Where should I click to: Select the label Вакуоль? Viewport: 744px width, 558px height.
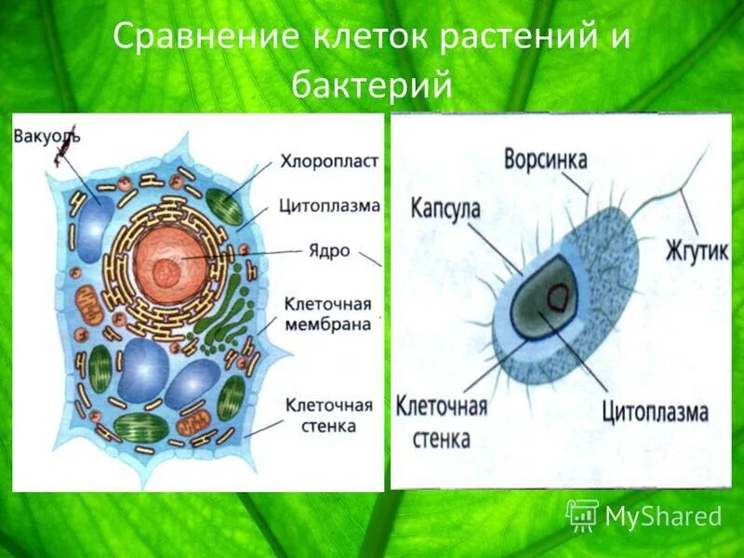(x=46, y=137)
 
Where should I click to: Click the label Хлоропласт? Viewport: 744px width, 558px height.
(x=329, y=161)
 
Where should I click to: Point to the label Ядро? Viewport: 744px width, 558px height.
(x=327, y=251)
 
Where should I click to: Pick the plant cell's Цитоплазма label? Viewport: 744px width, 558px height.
(x=329, y=206)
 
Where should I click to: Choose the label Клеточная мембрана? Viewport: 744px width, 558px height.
(x=329, y=314)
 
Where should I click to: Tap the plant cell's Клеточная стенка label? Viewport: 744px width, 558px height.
(x=329, y=416)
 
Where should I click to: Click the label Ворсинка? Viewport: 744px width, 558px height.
(x=545, y=158)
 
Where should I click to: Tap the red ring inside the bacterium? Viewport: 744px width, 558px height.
(x=561, y=297)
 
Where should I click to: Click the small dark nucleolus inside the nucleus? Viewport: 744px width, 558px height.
(x=167, y=272)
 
